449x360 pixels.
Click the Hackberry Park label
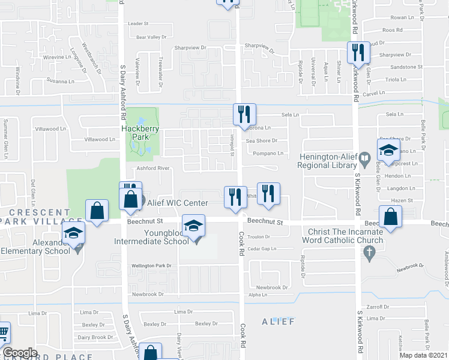[x=135, y=133]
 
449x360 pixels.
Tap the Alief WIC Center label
[x=177, y=203]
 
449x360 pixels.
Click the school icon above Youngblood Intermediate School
[x=194, y=226]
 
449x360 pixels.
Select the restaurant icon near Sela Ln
[x=244, y=113]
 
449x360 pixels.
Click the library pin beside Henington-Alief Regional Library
[x=364, y=158]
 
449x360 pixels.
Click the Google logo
[x=20, y=353]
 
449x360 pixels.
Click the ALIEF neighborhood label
[x=278, y=322]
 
